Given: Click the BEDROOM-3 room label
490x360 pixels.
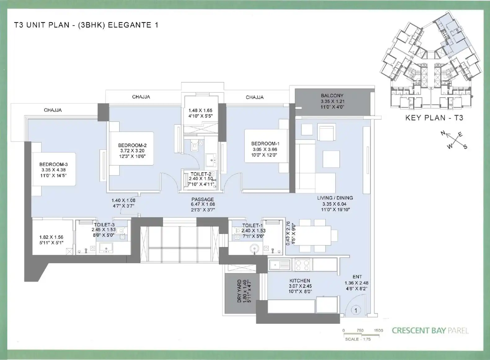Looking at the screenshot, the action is point(54,165).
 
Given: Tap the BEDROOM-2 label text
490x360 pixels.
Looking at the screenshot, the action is point(132,145).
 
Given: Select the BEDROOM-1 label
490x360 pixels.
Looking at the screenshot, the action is point(265,144).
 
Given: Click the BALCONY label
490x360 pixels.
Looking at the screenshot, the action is point(332,96).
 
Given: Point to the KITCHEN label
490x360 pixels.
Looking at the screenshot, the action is point(300,281).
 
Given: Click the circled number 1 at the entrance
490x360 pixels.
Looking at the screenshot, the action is point(356,310).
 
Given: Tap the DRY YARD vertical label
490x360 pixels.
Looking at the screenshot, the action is point(239,291).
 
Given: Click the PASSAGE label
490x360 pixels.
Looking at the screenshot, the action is point(203,200).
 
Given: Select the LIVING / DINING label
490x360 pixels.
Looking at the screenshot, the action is point(335,198).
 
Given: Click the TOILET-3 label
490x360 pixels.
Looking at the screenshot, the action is point(104,225).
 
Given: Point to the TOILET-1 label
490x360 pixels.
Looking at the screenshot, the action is point(253,226).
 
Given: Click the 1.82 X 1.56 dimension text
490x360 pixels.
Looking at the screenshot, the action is point(51,237).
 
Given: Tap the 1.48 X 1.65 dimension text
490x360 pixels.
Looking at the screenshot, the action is point(201,111).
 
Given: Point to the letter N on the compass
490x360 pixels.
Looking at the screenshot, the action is point(443,133).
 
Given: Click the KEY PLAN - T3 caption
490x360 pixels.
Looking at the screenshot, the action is point(434,118).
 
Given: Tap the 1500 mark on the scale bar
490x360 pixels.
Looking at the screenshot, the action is point(378,331).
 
